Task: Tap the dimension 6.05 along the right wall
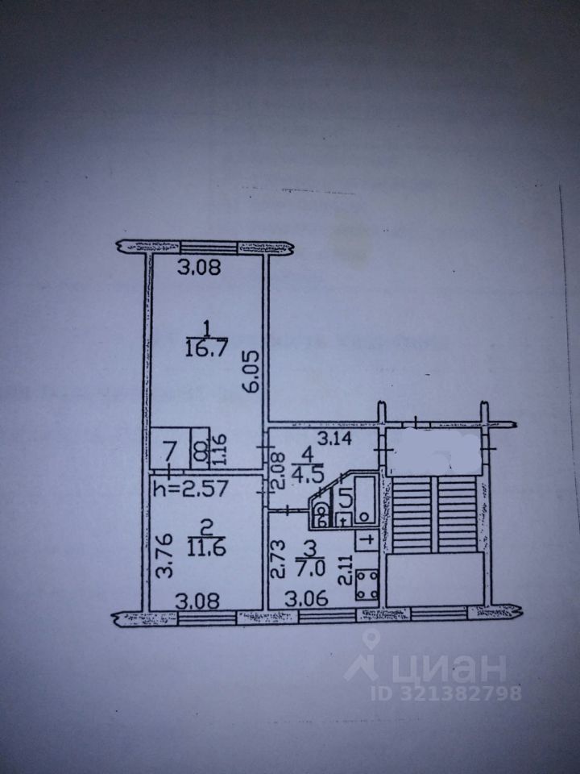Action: coord(252,373)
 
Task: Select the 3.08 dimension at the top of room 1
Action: coord(197,269)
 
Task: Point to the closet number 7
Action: coord(170,449)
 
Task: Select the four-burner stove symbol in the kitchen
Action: coord(367,584)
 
